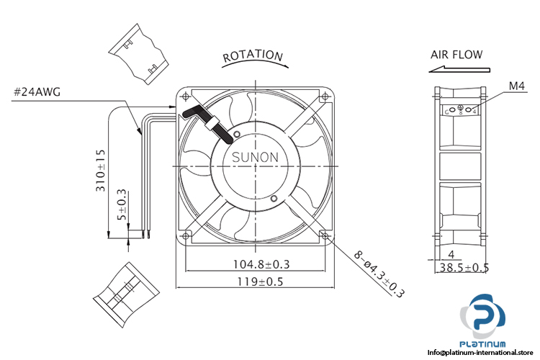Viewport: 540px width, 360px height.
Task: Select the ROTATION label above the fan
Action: [x=252, y=55]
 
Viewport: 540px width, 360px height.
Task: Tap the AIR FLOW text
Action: [x=456, y=54]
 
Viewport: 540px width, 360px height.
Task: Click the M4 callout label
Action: [x=516, y=86]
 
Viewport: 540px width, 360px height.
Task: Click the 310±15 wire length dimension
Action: [x=101, y=170]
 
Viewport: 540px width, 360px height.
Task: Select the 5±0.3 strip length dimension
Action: [x=122, y=204]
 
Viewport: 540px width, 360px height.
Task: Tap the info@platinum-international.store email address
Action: [x=482, y=352]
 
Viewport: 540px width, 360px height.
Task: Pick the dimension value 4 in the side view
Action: [x=451, y=254]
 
